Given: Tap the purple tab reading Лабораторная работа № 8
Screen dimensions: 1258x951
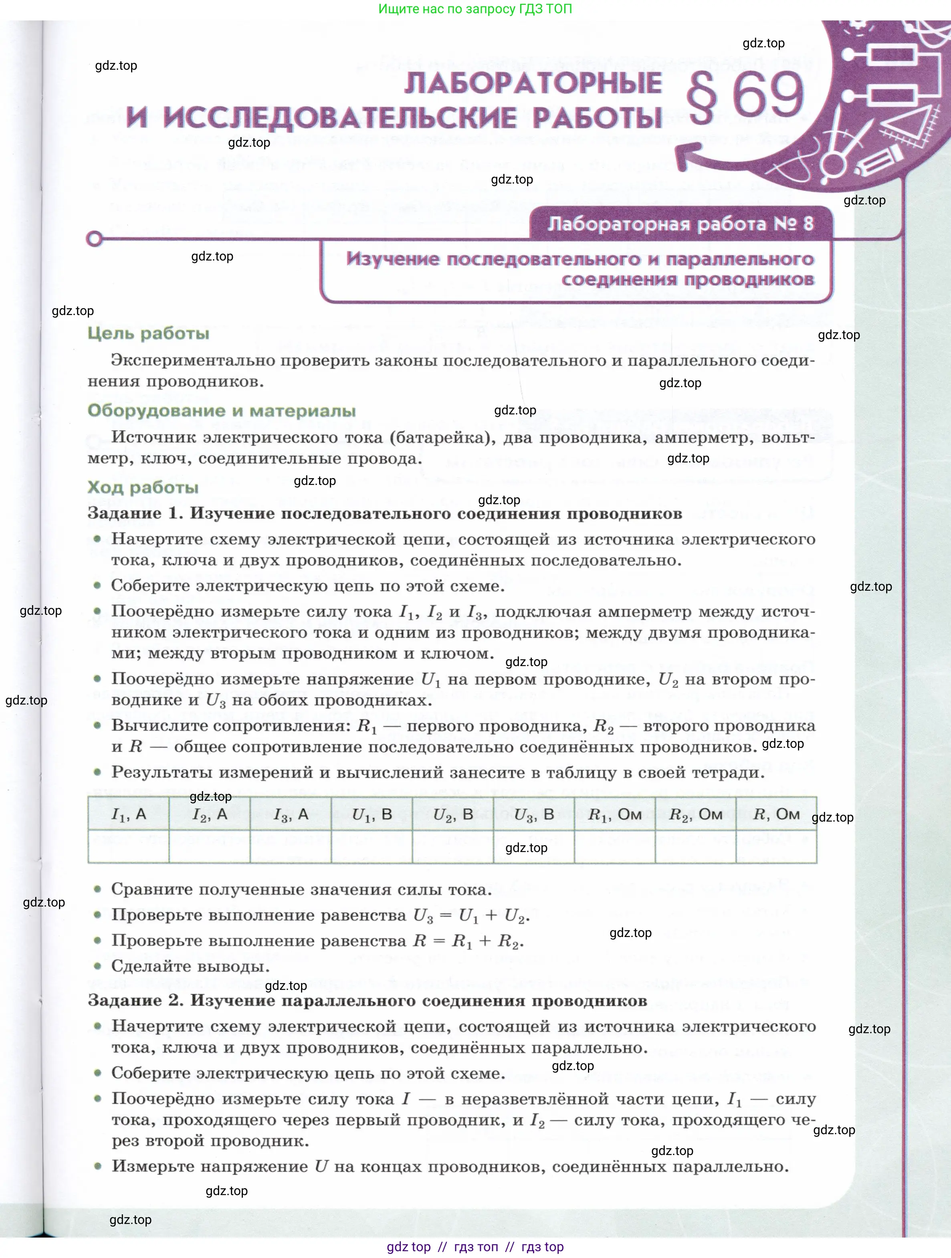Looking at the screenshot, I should (x=680, y=224).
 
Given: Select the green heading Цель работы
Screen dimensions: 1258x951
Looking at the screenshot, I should (x=148, y=333).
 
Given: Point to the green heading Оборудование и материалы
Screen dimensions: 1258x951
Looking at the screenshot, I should (x=222, y=411).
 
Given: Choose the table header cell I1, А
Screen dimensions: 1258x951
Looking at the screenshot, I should (x=129, y=814).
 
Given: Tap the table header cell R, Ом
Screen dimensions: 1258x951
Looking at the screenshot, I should (x=776, y=814).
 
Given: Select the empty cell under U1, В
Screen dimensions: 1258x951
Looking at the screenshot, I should (x=372, y=846).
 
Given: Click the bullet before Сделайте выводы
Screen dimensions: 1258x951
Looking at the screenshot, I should (x=98, y=966).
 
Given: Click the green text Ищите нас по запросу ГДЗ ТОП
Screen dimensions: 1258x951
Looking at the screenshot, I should (x=475, y=9).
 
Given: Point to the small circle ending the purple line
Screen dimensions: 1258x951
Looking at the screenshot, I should (x=95, y=239).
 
